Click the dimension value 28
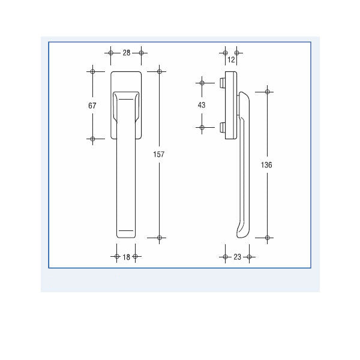point(126,53)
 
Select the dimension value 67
point(92,105)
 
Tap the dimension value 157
point(159,154)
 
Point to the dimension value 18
point(126,257)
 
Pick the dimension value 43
point(202,105)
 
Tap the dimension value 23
point(237,257)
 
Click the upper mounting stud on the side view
point(222,82)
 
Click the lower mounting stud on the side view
point(222,127)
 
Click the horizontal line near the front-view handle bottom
point(125,230)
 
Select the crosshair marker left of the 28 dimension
point(111,53)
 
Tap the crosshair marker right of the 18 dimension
point(136,257)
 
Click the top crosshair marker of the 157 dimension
point(159,71)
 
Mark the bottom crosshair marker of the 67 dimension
point(92,139)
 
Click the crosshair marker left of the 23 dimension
point(226,257)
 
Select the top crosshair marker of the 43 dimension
point(202,82)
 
